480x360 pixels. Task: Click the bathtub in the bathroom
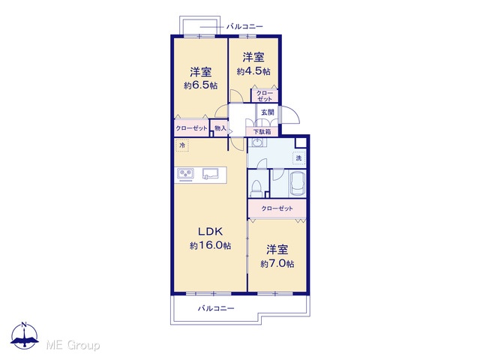coord(298,183)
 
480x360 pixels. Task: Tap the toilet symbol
coord(256,188)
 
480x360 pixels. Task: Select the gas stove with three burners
coord(185,174)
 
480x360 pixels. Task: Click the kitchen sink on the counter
coord(210,174)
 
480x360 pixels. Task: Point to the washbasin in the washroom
coord(256,142)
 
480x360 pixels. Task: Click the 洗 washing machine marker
coord(298,158)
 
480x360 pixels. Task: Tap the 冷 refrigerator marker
coord(182,145)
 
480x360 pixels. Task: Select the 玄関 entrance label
coord(267,112)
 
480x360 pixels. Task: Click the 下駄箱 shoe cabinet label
coord(262,132)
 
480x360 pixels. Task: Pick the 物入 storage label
coord(220,128)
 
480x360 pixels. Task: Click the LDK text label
coord(210,232)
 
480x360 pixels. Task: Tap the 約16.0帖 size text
coord(210,245)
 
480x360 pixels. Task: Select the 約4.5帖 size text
coord(253,72)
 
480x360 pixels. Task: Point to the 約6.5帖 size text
coord(200,85)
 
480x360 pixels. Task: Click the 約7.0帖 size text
coord(277,263)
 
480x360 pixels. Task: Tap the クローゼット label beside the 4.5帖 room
coord(265,96)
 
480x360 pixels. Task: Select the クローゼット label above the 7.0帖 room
coord(277,208)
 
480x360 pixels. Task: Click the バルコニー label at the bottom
coord(216,308)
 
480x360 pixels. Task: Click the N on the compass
coord(25,325)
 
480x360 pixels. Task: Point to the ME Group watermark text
coord(73,345)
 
